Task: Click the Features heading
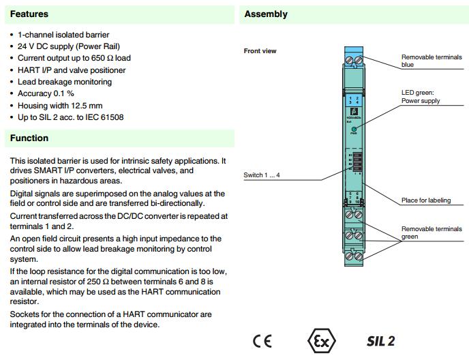29,14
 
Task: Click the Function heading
29,138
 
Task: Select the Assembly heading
266,14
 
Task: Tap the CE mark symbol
262,341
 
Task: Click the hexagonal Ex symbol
321,340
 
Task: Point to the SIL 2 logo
380,341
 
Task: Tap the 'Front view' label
260,51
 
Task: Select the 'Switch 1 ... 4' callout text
262,175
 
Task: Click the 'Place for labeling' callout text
426,200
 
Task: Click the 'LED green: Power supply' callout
421,96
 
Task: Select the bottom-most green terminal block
354,256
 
